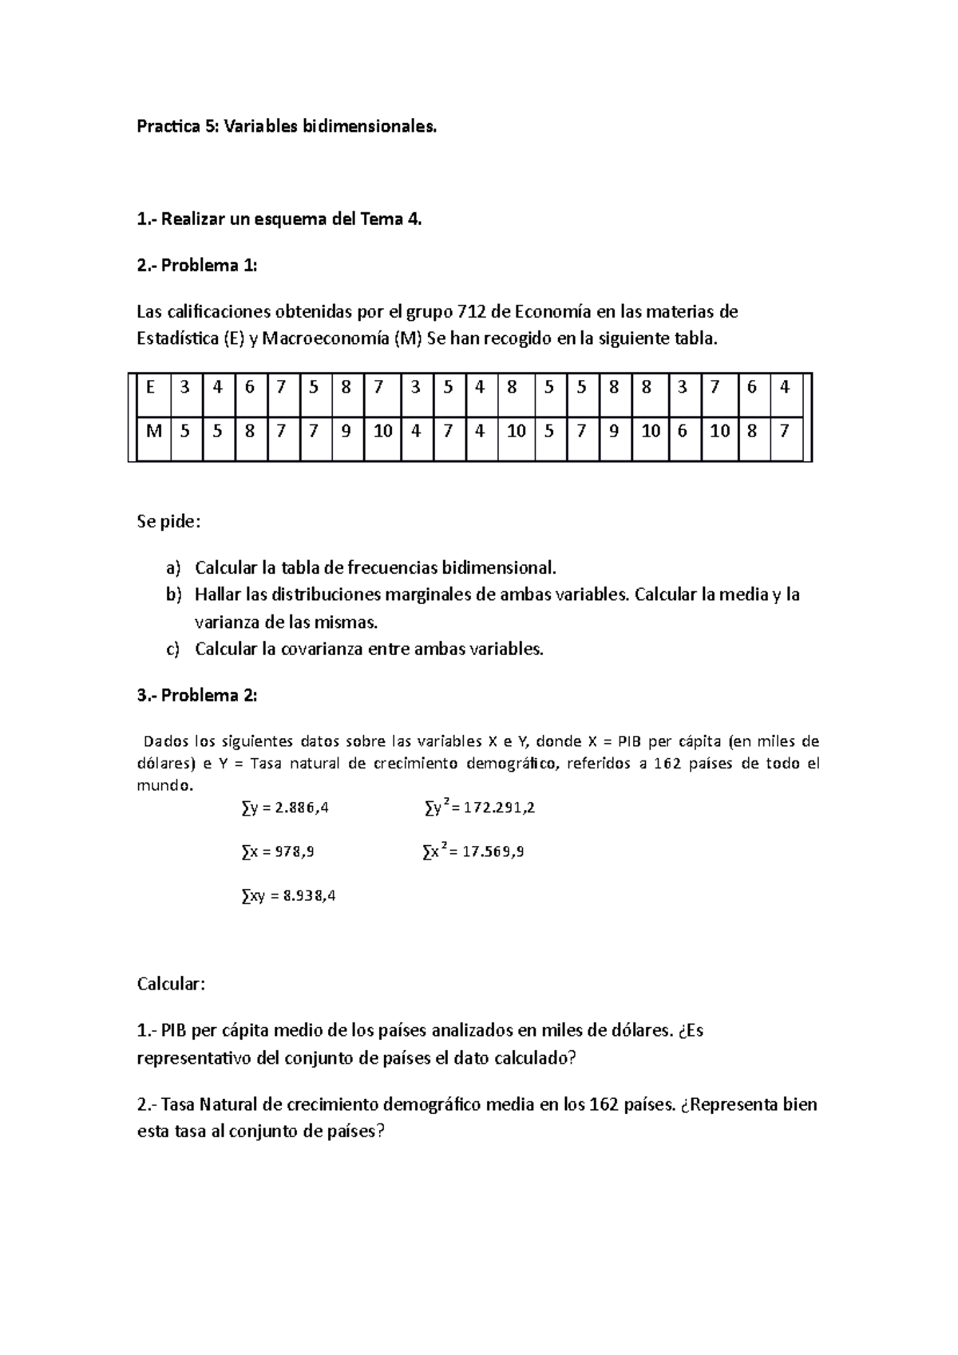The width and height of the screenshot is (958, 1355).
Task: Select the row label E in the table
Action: click(x=152, y=388)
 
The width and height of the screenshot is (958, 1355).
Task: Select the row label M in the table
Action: click(x=154, y=432)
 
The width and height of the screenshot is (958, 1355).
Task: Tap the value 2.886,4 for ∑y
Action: click(x=301, y=808)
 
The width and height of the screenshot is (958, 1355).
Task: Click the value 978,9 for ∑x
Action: click(x=294, y=851)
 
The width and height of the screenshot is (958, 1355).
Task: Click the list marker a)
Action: click(x=174, y=568)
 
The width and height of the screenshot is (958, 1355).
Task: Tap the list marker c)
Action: click(x=173, y=650)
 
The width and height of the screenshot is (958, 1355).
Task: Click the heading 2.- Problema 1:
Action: click(x=197, y=266)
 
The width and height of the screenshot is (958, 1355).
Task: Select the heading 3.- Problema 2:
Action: click(x=197, y=696)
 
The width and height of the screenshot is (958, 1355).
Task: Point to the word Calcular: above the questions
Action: click(x=171, y=984)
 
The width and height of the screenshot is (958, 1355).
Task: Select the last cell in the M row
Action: click(x=785, y=432)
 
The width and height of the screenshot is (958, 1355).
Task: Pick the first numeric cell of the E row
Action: click(x=186, y=388)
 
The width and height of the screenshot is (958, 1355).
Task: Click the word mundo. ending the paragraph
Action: click(x=164, y=785)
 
